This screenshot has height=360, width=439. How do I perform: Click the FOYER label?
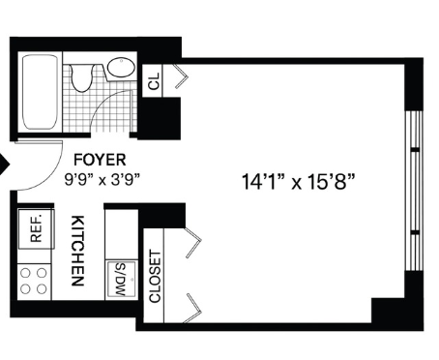tap(100, 160)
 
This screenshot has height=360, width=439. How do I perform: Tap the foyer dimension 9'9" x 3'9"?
tap(102, 180)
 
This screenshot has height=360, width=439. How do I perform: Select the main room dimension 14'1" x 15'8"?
tap(298, 182)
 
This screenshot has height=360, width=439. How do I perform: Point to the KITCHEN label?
tap(77, 251)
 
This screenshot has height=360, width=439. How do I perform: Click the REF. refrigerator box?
tap(36, 228)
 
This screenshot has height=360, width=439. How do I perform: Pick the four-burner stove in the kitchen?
tap(34, 282)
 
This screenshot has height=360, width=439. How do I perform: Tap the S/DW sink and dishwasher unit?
tap(121, 280)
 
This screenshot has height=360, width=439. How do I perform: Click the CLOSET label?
tap(155, 277)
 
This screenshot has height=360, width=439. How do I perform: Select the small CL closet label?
tap(154, 81)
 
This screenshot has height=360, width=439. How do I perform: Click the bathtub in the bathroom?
tap(40, 92)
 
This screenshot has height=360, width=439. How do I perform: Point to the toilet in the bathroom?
tap(82, 77)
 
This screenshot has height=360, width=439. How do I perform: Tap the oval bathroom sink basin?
tap(121, 68)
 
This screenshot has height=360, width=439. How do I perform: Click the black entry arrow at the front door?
tap(5, 165)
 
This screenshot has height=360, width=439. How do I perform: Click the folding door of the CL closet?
tap(181, 76)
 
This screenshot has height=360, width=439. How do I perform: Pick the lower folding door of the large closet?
tap(193, 308)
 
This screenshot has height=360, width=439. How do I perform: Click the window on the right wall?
tap(414, 191)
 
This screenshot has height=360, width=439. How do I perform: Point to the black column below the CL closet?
tap(160, 118)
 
